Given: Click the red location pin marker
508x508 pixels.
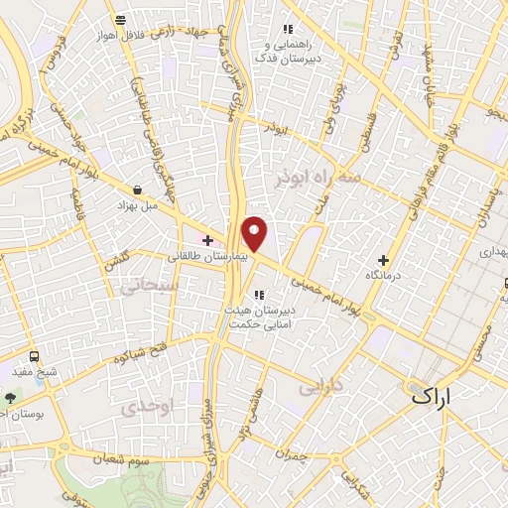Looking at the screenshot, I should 255,233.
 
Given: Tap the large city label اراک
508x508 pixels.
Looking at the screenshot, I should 436,396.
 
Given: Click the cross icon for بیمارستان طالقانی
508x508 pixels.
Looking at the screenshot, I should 207,240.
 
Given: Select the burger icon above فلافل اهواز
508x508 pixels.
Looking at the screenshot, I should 120,20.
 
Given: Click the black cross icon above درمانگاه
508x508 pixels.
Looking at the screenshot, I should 383,259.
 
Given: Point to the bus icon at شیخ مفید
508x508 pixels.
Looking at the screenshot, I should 35,356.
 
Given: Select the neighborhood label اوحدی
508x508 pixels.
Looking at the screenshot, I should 139,408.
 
